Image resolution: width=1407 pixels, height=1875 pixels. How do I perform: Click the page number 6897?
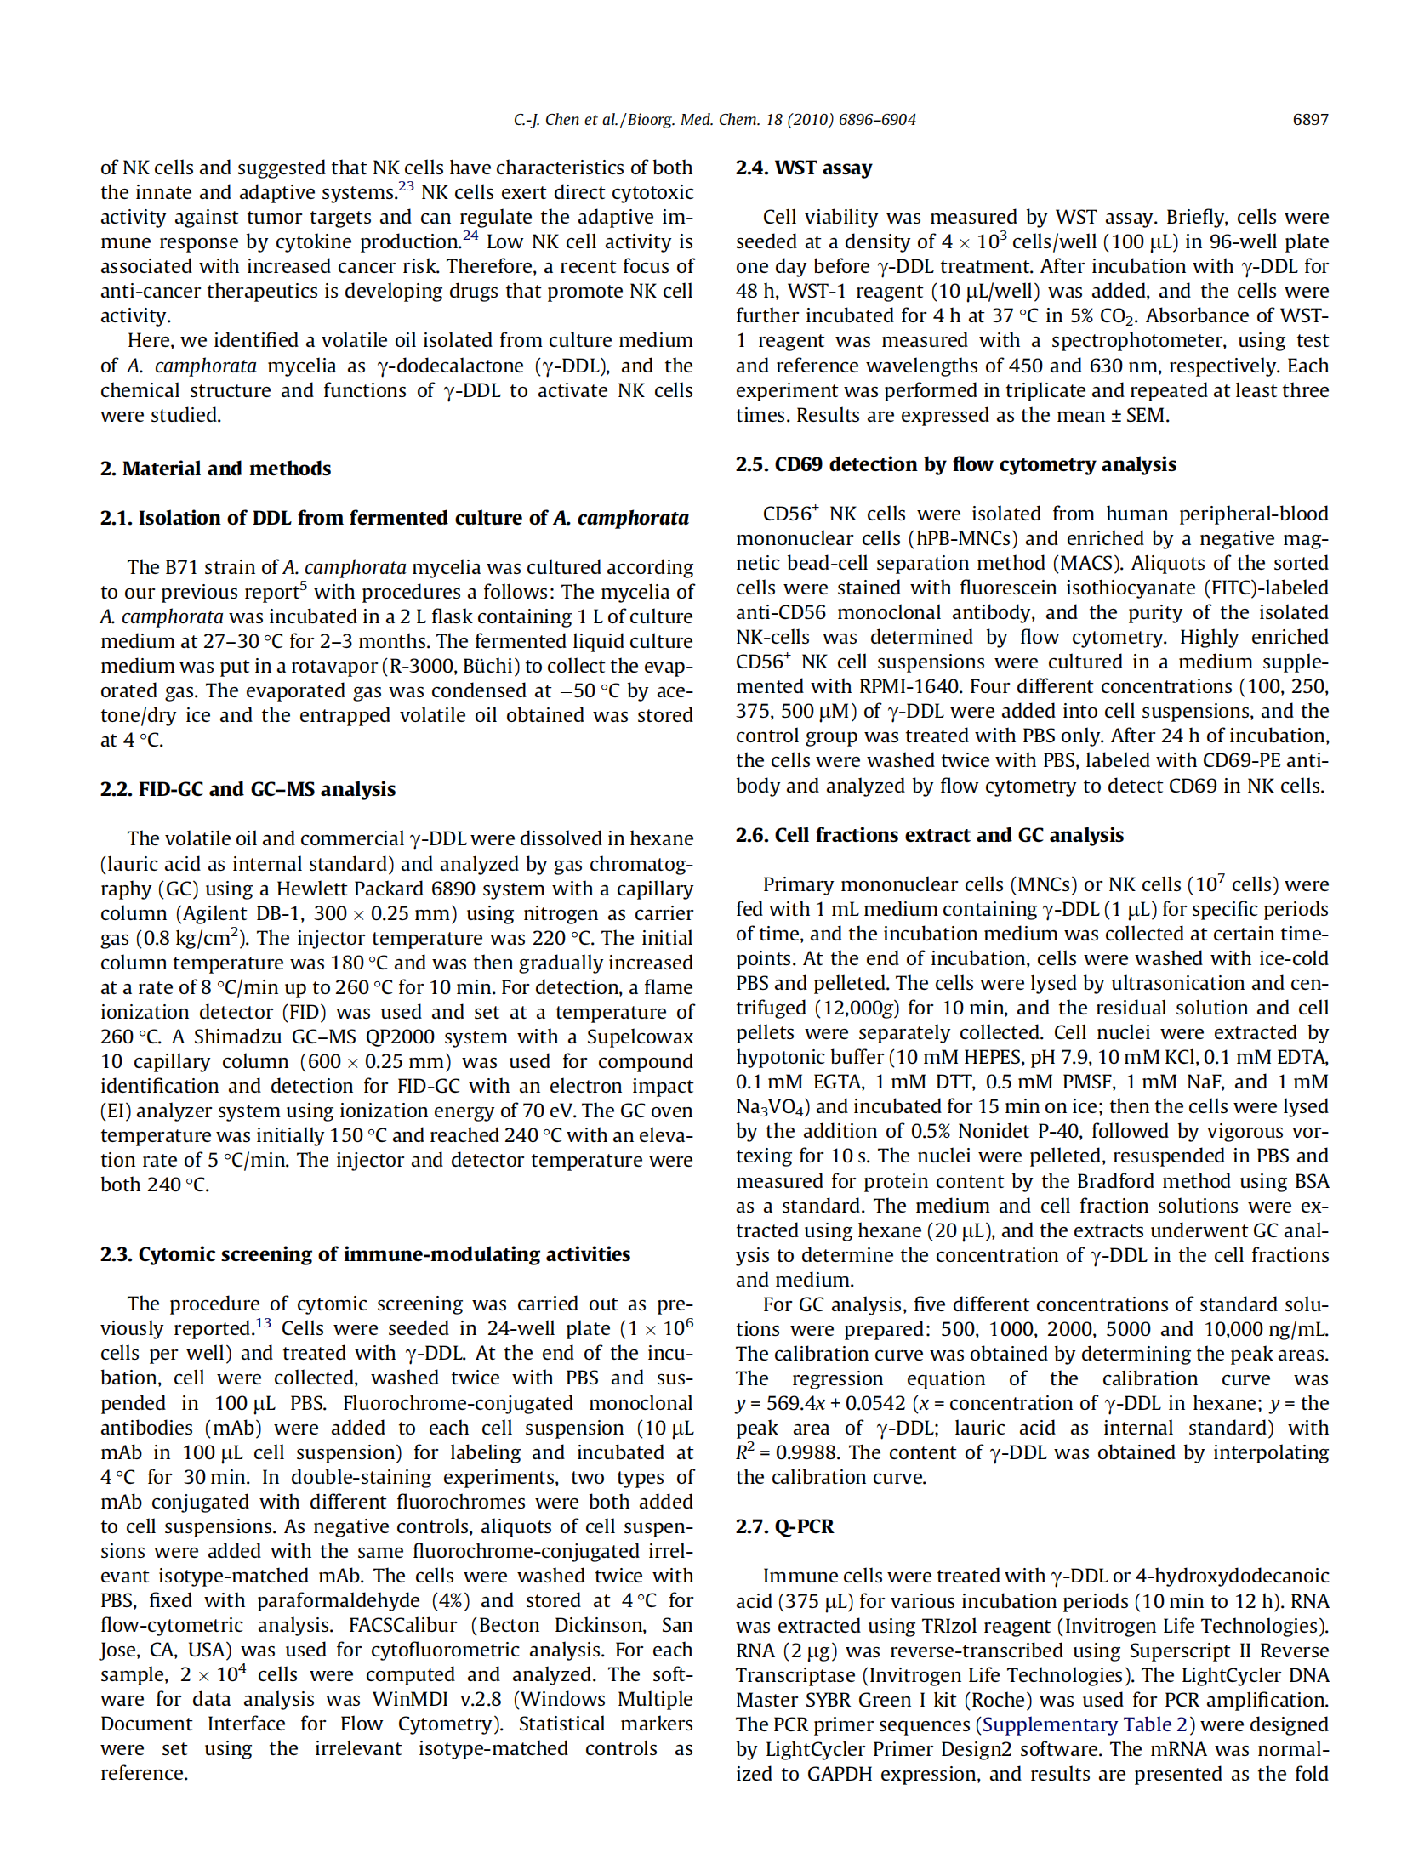pyautogui.click(x=1309, y=120)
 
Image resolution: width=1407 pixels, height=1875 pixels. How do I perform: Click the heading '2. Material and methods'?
pyautogui.click(x=215, y=469)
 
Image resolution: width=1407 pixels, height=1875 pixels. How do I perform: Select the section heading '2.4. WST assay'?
pyautogui.click(x=803, y=168)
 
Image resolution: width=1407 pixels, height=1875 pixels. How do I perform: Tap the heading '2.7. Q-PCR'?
pyautogui.click(x=783, y=1526)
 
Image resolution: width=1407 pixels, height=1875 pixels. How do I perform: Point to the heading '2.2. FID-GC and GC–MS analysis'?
pyautogui.click(x=248, y=789)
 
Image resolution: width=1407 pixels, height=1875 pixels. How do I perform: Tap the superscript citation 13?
pyautogui.click(x=264, y=1323)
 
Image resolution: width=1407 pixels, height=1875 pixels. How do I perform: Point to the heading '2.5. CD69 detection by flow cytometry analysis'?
pyautogui.click(x=955, y=464)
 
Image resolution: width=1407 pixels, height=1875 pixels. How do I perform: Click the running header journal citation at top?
pyautogui.click(x=714, y=120)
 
